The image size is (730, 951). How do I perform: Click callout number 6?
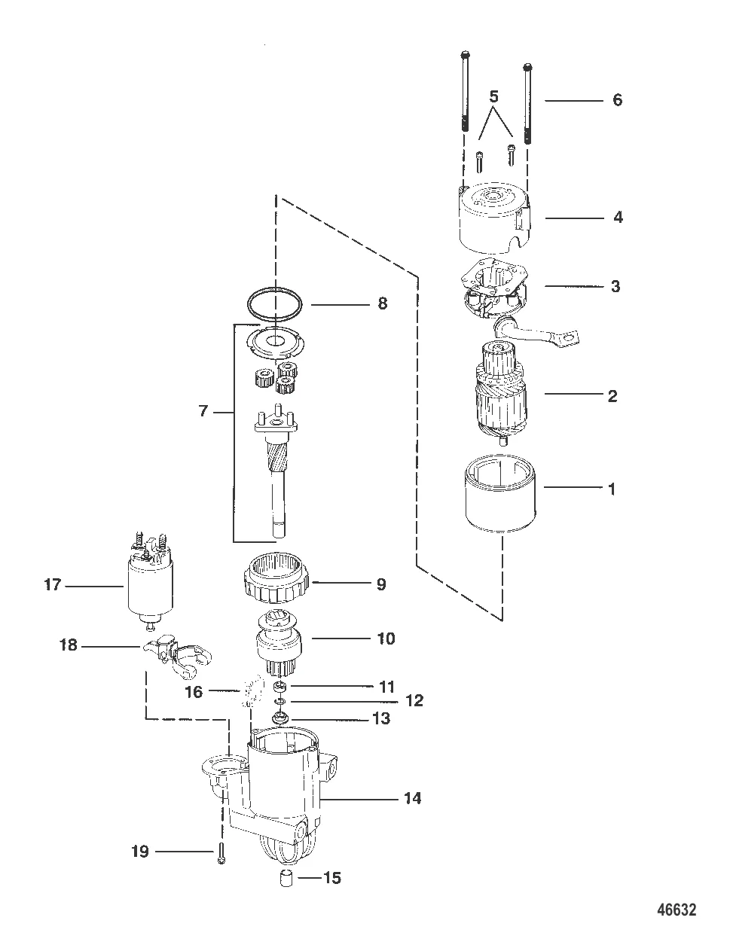(617, 99)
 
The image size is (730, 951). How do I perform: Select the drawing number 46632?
(674, 910)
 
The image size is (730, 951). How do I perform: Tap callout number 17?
(52, 584)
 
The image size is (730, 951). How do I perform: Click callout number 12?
(414, 701)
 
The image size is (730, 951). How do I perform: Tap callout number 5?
(493, 96)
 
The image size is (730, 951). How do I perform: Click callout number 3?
(615, 286)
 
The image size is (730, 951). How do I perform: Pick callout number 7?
(203, 412)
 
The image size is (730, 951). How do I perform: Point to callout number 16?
(194, 691)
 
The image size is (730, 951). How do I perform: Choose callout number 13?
(381, 719)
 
